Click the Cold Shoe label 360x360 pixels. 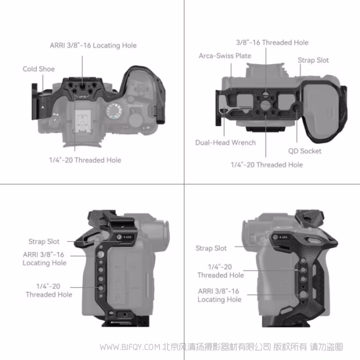point(38,69)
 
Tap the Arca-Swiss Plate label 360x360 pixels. point(225,56)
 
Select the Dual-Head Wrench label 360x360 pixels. point(225,143)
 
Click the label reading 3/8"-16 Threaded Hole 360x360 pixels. point(272,43)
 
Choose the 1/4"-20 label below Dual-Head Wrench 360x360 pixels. point(267,164)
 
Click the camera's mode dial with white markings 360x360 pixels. point(116,111)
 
